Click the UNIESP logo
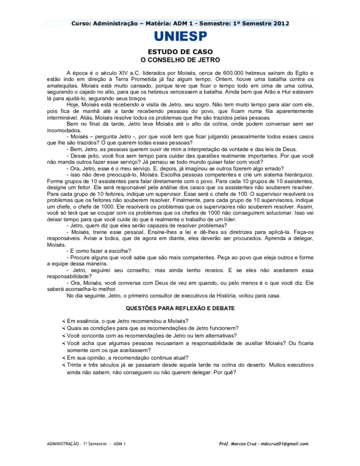pos(180,37)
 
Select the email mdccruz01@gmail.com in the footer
pos(284,443)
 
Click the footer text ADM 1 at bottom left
pos(122,443)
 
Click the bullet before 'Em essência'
pos(63,321)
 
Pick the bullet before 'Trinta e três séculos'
pos(63,364)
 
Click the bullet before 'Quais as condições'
pos(63,328)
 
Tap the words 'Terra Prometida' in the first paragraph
pos(121,80)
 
